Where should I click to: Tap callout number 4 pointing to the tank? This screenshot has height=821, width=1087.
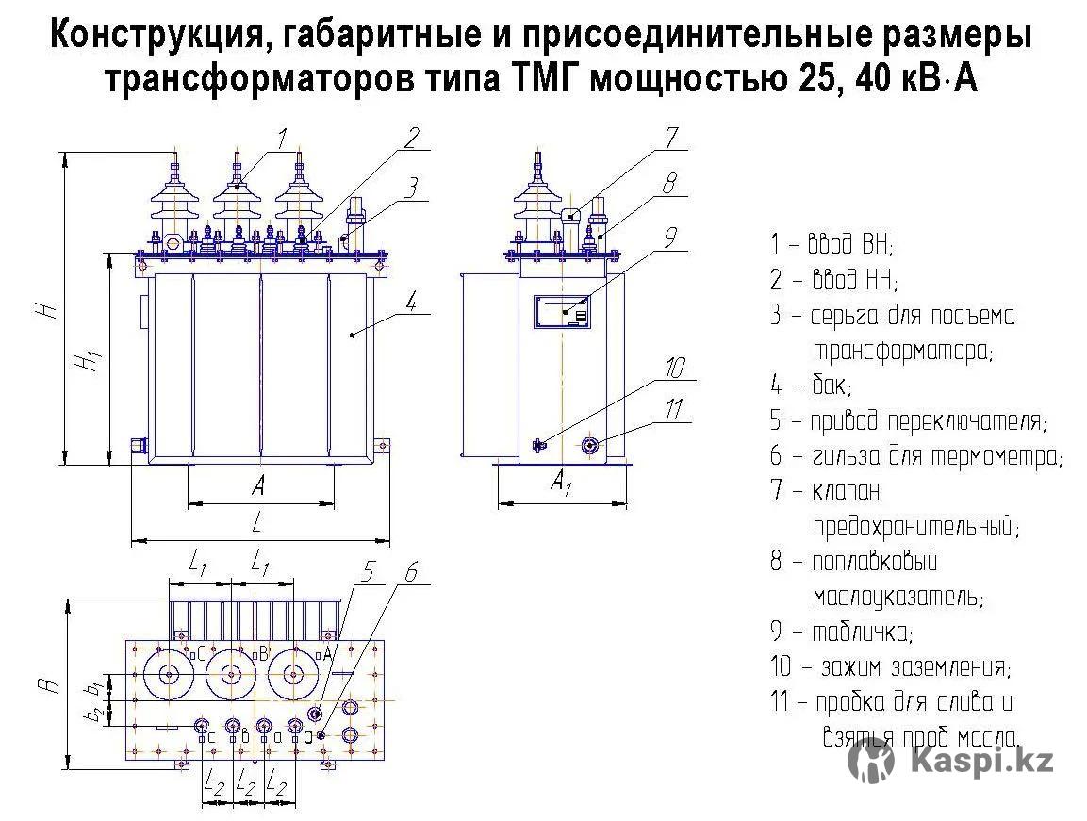pos(411,303)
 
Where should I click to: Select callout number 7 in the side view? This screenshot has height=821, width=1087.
pos(669,139)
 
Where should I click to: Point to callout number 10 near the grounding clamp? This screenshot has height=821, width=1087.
pos(675,368)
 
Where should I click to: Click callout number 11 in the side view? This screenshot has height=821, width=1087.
pos(673,410)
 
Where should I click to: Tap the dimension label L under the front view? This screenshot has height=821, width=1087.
pos(256,521)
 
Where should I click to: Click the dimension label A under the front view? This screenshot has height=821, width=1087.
pos(257,486)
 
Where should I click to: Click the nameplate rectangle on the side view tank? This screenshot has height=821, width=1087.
pos(563,310)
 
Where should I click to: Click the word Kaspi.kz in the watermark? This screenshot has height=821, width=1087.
pos(981,760)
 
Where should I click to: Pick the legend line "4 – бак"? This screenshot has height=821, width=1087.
pos(810,386)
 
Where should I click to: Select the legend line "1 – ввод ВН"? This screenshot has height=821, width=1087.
pos(831,245)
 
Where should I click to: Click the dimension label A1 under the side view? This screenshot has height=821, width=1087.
pos(561,485)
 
